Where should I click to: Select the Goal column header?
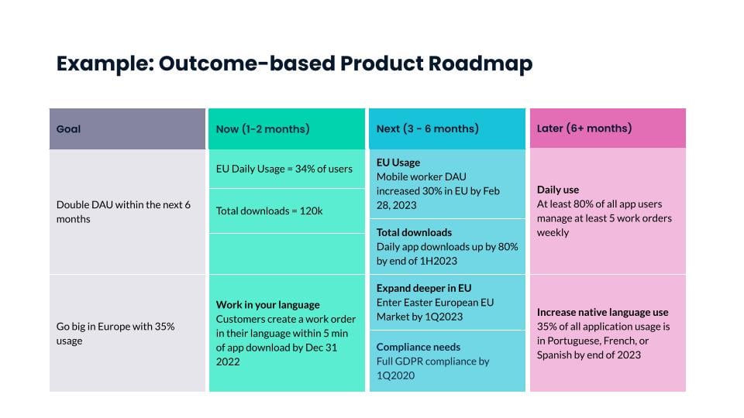pos(68,128)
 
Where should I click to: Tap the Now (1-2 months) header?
pos(262,128)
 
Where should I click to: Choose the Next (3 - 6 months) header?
pos(427,128)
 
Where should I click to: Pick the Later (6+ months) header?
pos(584,128)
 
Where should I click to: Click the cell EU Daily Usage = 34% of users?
pos(284,169)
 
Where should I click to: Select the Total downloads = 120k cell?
pos(269,211)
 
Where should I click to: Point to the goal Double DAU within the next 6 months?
pos(123,211)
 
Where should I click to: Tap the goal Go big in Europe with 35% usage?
pos(115,333)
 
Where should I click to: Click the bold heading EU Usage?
pos(398,163)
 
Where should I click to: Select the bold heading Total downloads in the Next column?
pos(414,232)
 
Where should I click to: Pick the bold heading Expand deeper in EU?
pos(423,288)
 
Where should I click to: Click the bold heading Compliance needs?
pos(418,347)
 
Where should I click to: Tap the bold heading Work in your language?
pos(267,305)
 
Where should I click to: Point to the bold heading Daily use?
pos(557,190)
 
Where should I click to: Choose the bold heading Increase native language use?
pos(602,312)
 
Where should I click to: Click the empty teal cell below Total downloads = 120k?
pos(286,253)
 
